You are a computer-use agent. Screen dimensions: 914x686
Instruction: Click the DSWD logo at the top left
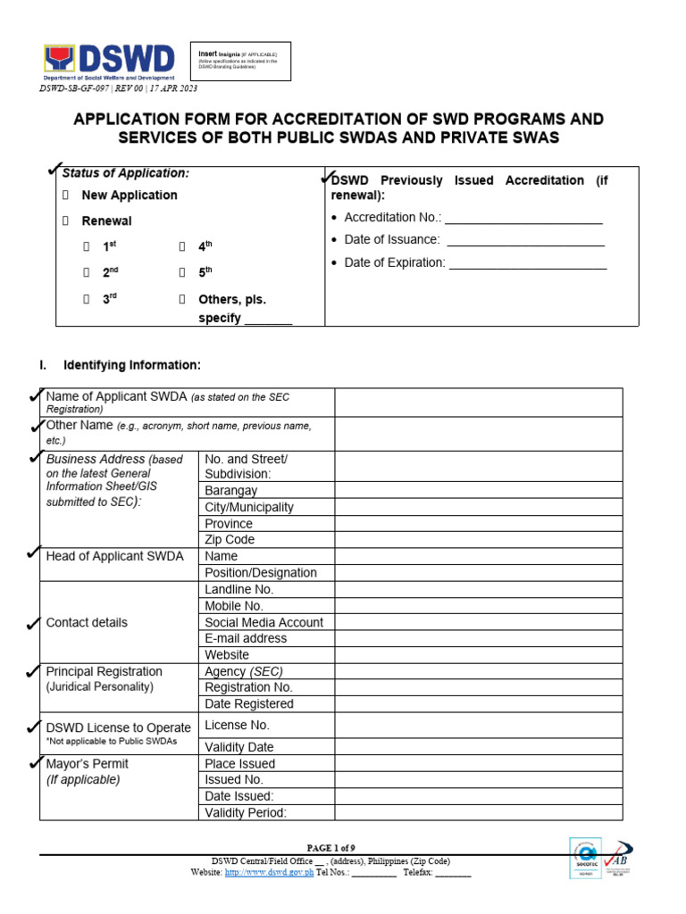109,62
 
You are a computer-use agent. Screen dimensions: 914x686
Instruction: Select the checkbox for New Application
65,195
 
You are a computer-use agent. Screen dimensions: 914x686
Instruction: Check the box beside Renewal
65,220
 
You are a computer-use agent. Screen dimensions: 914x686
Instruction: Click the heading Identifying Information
131,365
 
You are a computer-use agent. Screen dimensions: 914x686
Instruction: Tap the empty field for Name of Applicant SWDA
478,403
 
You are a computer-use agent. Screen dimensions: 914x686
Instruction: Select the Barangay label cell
230,490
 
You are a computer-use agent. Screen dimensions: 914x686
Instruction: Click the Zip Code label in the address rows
230,539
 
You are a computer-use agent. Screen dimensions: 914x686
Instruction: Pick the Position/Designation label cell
261,572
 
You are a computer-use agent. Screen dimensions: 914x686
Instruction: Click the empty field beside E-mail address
478,638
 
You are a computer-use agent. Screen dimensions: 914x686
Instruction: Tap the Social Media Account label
264,622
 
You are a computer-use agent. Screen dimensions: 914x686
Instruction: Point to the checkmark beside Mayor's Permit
35,762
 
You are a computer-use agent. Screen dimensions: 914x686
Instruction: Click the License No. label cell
237,725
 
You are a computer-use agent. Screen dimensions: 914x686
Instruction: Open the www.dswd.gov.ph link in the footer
269,872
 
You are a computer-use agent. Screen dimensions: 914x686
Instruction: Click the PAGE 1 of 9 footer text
330,848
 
